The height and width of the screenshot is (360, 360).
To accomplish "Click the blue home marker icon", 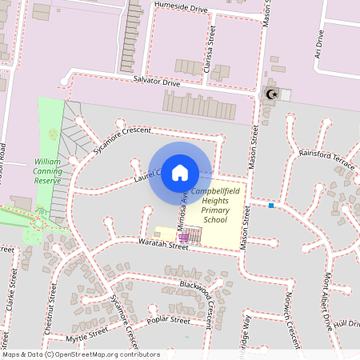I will coord(180,172).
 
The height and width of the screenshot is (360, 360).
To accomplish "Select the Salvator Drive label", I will coord(157,82).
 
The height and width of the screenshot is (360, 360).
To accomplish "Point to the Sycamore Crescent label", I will coord(122,140).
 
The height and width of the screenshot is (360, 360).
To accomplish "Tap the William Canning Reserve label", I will coord(48,170).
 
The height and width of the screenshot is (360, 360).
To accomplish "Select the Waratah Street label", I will coord(163,245).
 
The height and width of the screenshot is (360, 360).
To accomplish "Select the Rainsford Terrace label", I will coord(326,158).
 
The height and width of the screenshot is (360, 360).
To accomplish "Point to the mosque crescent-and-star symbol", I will coord(271,94).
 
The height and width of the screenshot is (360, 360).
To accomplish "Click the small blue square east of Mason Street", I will coord(271,206).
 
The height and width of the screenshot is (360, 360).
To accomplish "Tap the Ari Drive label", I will coord(318,45).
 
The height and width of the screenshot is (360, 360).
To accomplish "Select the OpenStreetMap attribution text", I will coord(80,354).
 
